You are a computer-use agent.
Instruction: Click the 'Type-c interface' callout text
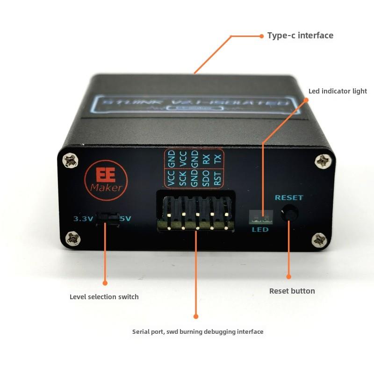300,36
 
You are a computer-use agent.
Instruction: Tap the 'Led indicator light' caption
338,91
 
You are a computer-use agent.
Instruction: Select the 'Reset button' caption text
292,291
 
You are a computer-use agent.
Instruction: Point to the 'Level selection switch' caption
104,296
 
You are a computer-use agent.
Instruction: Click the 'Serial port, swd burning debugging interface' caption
198,331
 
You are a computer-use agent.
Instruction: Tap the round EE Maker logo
105,179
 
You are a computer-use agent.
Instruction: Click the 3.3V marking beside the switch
83,218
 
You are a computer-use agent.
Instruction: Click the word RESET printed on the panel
288,198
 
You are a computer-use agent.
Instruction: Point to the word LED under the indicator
260,230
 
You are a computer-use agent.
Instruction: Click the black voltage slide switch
107,218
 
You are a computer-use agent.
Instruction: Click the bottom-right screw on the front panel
320,240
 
